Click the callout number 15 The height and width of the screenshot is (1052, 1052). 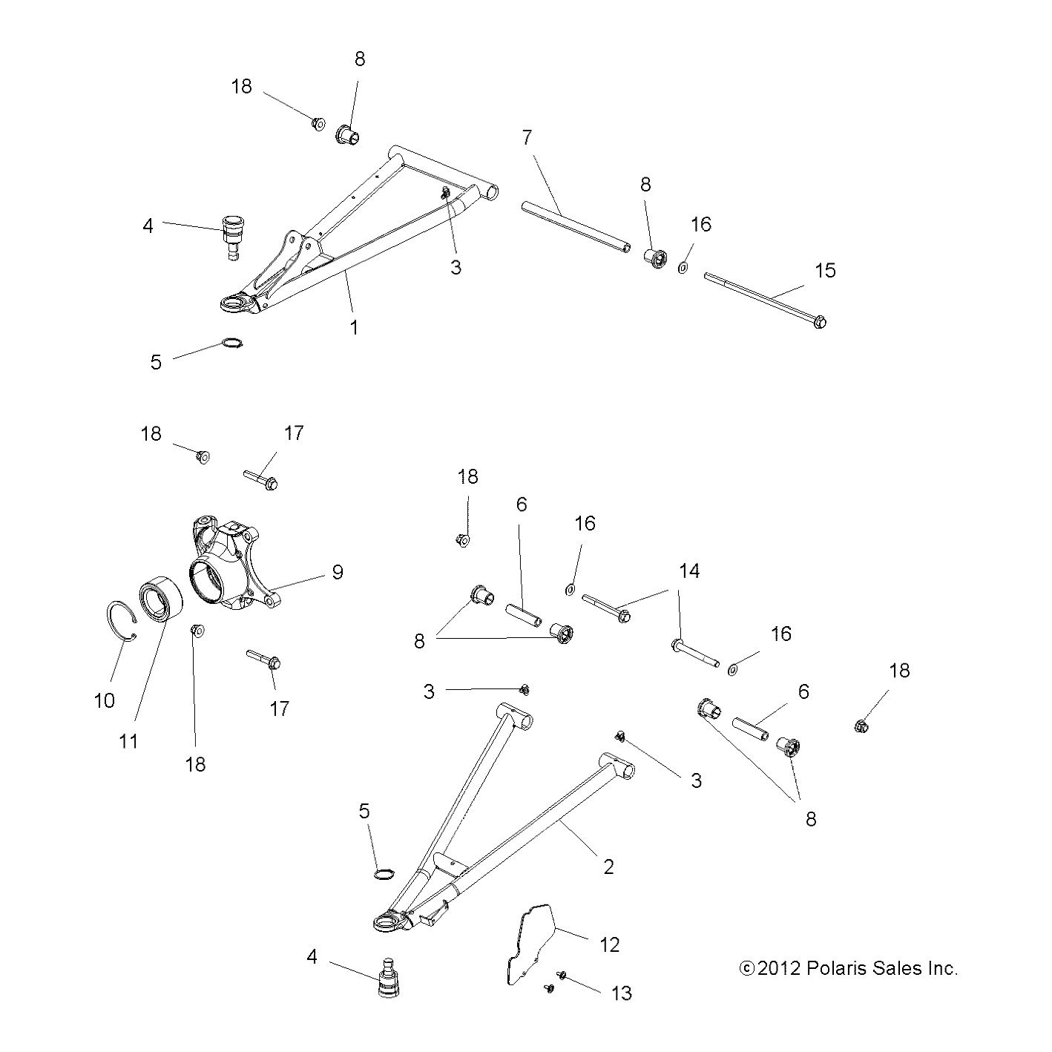point(825,271)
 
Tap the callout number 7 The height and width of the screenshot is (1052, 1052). point(527,137)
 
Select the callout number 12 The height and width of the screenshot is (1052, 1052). point(609,944)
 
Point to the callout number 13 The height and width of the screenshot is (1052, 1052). point(621,993)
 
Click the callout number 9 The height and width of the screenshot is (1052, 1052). point(338,572)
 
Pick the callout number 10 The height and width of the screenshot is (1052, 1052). point(105,700)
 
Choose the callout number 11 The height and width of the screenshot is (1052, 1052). point(129,740)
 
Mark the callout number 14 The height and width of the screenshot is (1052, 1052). point(688,571)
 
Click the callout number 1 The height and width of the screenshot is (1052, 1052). point(355,327)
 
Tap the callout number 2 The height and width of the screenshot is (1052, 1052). point(608,866)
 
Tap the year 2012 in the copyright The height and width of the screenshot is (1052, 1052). point(778,968)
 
